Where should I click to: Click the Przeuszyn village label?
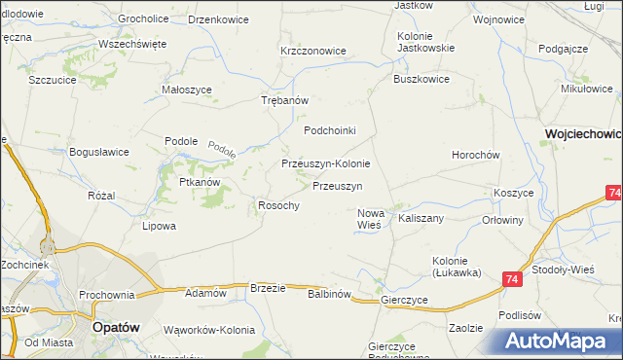337,186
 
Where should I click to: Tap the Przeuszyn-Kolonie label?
325,164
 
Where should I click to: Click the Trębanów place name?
285,101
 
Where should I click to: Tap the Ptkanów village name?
200,182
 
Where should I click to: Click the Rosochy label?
277,205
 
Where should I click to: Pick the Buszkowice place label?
421,80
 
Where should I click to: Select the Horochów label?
475,156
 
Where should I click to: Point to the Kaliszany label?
421,219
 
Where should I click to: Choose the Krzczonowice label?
312,51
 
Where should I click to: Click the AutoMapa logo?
556,341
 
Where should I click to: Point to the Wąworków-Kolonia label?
203,329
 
